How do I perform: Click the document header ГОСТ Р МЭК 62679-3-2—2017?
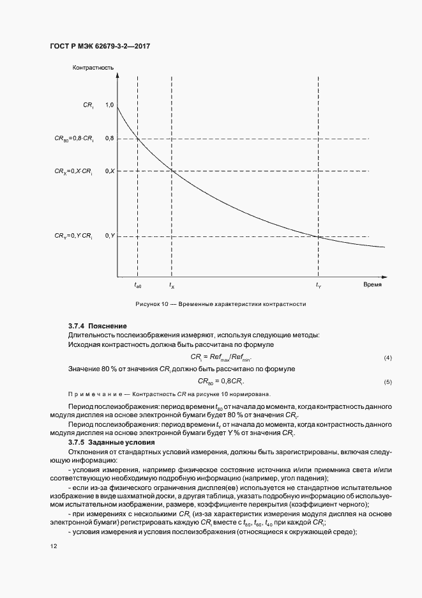[x=100, y=47]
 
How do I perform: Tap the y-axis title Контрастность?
[x=93, y=67]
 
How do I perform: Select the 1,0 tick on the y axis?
[x=109, y=105]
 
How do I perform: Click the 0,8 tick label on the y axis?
[x=109, y=139]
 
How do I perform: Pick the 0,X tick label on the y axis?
[x=109, y=171]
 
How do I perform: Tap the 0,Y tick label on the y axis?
[x=109, y=236]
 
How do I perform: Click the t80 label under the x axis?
[x=138, y=285]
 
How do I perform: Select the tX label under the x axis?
[x=172, y=285]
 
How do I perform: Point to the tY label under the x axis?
[x=319, y=285]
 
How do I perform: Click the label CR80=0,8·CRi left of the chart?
[x=74, y=139]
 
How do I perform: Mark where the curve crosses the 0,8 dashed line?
[x=138, y=139]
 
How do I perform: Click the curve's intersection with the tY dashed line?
[x=319, y=236]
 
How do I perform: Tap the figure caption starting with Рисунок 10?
[x=220, y=304]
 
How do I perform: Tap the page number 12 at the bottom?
[x=53, y=546]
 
